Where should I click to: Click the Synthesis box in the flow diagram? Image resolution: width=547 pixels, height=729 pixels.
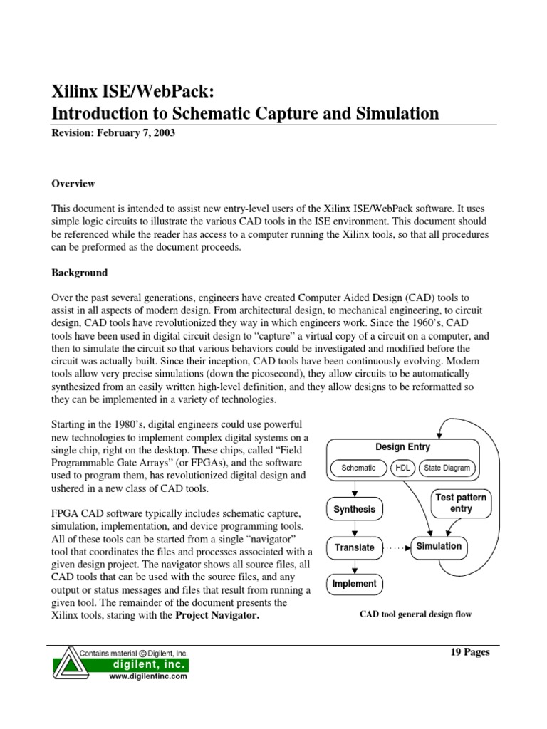pyautogui.click(x=355, y=510)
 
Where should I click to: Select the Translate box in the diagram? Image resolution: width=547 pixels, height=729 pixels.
pyautogui.click(x=355, y=547)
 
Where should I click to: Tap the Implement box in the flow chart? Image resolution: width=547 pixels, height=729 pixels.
pyautogui.click(x=355, y=584)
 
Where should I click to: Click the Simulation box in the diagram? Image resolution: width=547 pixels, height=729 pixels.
pyautogui.click(x=439, y=547)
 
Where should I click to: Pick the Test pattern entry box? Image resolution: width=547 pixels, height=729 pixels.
pyautogui.click(x=461, y=503)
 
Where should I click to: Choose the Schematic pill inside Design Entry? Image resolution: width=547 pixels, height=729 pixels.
pyautogui.click(x=358, y=468)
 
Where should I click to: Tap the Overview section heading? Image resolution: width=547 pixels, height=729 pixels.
pyautogui.click(x=73, y=184)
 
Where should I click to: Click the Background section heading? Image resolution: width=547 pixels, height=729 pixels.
pyautogui.click(x=80, y=273)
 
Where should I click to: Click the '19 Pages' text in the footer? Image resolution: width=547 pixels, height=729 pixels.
pyautogui.click(x=472, y=652)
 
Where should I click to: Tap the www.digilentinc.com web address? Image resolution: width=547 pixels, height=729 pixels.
pyautogui.click(x=147, y=677)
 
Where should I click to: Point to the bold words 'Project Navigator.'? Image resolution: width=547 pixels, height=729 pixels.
pyautogui.click(x=217, y=616)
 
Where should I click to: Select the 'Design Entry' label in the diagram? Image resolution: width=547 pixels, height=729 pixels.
pyautogui.click(x=403, y=447)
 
